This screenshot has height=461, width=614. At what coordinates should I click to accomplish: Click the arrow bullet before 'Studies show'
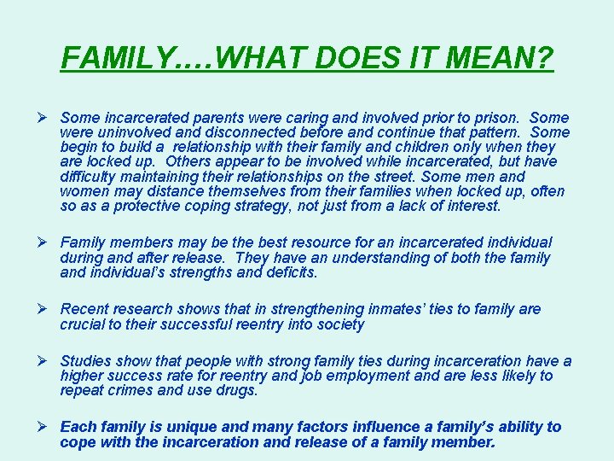[x=47, y=361]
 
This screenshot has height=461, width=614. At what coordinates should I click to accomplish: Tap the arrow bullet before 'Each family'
[x=47, y=427]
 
